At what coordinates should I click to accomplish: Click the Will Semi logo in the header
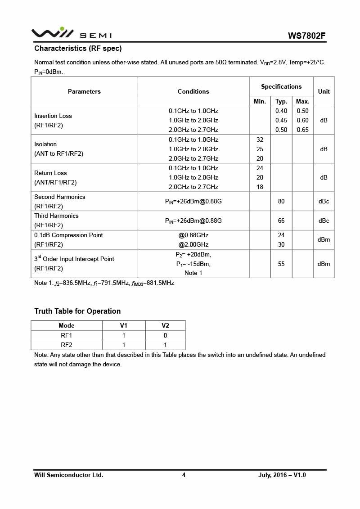(71, 33)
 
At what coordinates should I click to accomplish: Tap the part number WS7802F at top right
(307, 36)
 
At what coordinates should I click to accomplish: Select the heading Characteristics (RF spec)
(78, 49)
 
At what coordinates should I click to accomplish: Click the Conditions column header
(193, 91)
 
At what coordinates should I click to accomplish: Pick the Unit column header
(324, 91)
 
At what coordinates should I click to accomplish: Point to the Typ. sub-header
(281, 101)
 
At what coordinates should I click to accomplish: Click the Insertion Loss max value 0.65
(303, 130)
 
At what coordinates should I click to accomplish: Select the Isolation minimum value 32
(260, 140)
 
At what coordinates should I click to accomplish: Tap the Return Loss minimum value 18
(260, 187)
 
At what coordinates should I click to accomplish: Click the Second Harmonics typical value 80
(281, 201)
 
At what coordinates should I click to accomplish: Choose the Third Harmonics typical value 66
(281, 221)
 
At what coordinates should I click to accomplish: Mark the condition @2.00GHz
(193, 244)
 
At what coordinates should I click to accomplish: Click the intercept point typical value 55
(281, 264)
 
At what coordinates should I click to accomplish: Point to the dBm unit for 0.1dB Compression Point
(324, 240)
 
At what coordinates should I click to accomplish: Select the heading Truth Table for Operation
(77, 311)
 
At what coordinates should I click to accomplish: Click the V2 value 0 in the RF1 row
(165, 335)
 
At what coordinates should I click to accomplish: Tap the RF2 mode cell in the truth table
(67, 345)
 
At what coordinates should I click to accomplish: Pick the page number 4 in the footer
(184, 475)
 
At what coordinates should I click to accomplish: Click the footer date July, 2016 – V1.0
(282, 475)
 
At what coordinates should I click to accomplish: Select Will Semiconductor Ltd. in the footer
(69, 475)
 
